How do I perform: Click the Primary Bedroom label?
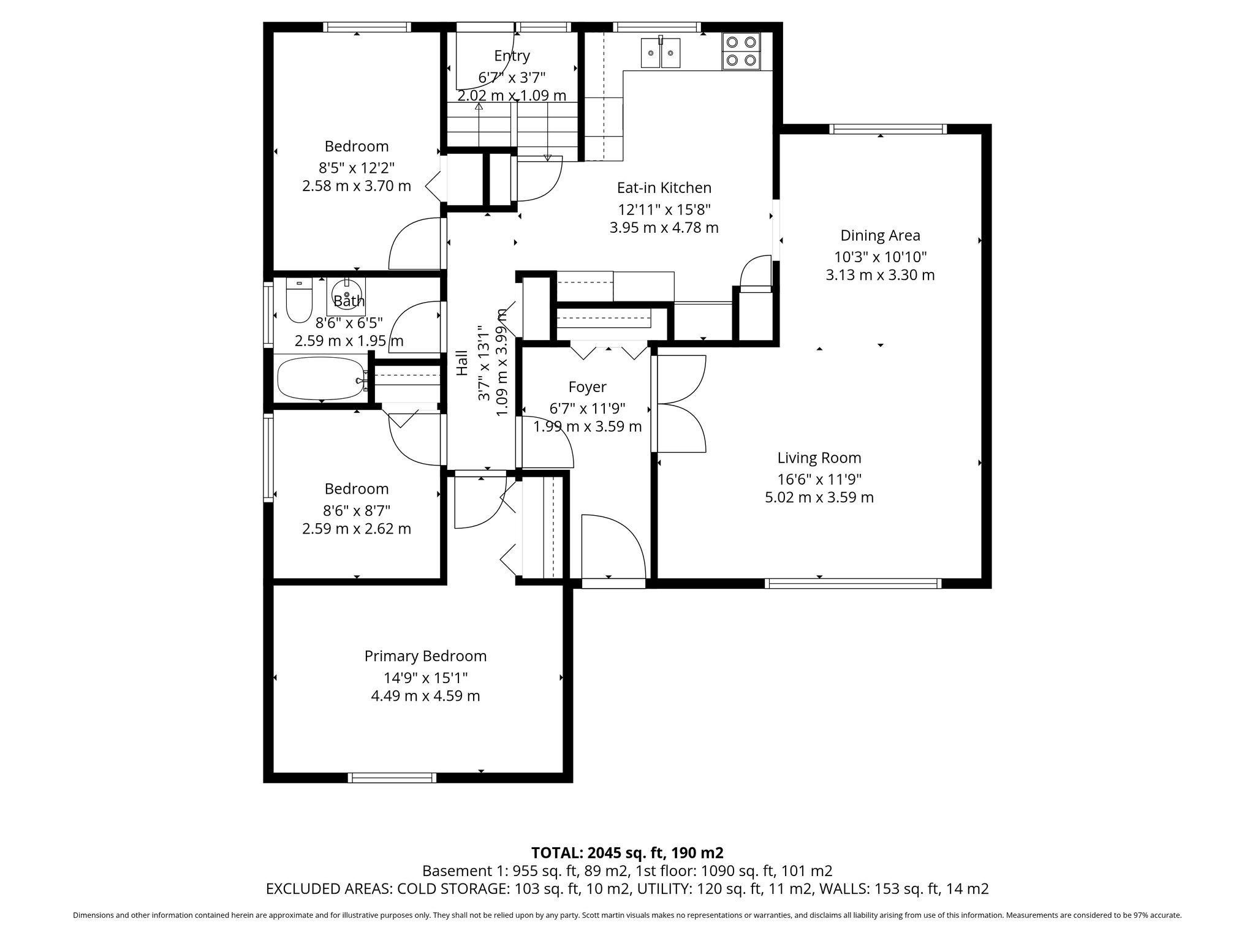pyautogui.click(x=425, y=656)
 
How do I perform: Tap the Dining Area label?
pyautogui.click(x=880, y=235)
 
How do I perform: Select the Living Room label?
pyautogui.click(x=819, y=458)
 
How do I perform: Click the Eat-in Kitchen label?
pyautogui.click(x=664, y=187)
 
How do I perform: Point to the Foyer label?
pyautogui.click(x=587, y=387)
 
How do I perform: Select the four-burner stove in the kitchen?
pyautogui.click(x=741, y=51)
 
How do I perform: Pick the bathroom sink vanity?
pyautogui.click(x=346, y=296)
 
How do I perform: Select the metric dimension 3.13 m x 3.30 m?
pyautogui.click(x=880, y=275)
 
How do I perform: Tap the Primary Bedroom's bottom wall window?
pyautogui.click(x=392, y=777)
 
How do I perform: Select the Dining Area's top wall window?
pyautogui.click(x=889, y=129)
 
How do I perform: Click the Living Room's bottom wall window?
pyautogui.click(x=854, y=584)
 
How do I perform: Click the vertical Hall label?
pyautogui.click(x=462, y=363)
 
